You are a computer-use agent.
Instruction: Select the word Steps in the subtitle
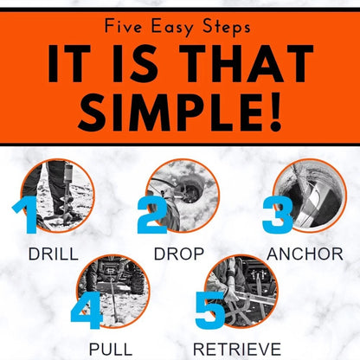pos(226,27)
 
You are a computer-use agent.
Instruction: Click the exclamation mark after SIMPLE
pos(275,112)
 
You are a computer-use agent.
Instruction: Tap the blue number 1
pos(25,215)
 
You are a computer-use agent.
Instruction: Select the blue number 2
pos(152,215)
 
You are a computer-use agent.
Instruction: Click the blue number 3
pos(278,215)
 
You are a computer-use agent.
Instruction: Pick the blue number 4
pos(87,310)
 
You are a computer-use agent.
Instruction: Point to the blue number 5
pos(210,310)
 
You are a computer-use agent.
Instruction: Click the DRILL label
pos(54,254)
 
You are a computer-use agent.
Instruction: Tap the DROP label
pos(179,254)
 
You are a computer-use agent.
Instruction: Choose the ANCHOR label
pos(305,254)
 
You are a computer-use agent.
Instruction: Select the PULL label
pos(111,350)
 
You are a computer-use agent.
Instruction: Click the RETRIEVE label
pos(237,350)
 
